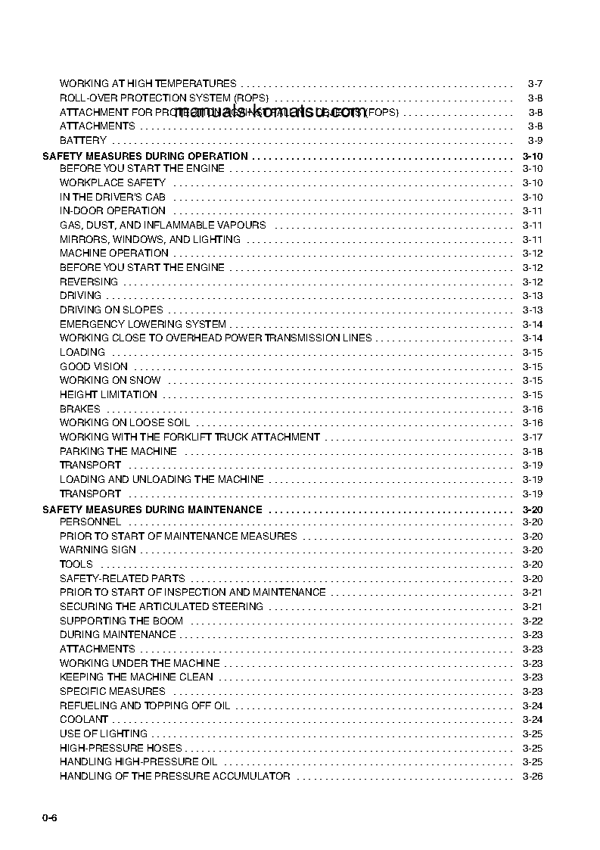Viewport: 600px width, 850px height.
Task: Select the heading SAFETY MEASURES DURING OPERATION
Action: pos(145,156)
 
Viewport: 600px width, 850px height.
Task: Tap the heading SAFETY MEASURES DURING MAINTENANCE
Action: pos(152,509)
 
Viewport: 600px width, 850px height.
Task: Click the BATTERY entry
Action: pos(83,140)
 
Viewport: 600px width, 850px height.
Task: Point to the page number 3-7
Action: pos(535,83)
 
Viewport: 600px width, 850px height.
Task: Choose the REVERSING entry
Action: pos(89,282)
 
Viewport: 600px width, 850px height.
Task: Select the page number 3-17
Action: pos(533,437)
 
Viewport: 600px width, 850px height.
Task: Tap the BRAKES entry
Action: pos(80,409)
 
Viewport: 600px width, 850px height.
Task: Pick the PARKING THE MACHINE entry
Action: pos(118,451)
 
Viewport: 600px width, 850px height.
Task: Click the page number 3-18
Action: pos(533,451)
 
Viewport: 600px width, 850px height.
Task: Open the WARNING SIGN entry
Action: pos(98,550)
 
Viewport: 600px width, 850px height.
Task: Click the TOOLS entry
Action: pos(76,564)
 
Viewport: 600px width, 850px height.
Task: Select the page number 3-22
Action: pos(533,621)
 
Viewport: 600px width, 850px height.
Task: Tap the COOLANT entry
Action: pos(84,719)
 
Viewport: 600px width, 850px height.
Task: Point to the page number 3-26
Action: pos(533,776)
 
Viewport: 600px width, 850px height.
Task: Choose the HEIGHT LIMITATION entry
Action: pos(108,394)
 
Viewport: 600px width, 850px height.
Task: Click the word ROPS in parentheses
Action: pos(250,98)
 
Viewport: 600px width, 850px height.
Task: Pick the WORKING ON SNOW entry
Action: pos(110,380)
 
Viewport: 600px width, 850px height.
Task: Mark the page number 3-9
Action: pos(535,140)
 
